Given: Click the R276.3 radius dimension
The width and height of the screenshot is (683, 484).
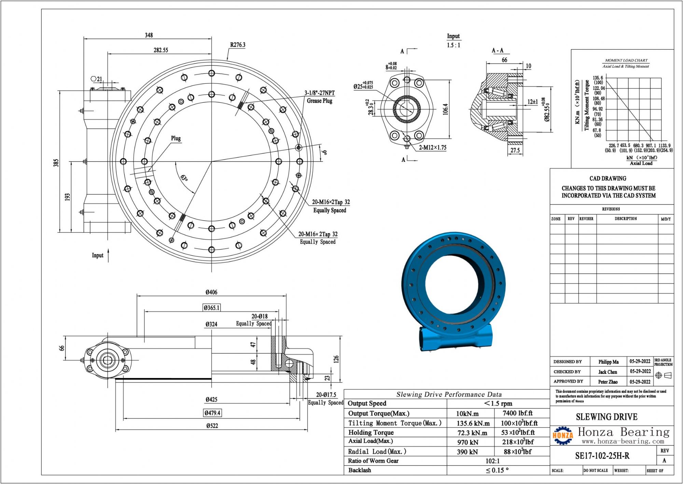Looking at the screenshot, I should [238, 45].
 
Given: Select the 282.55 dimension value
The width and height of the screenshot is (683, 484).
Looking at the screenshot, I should [161, 50].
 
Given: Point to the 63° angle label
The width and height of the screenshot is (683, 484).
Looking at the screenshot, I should [184, 178].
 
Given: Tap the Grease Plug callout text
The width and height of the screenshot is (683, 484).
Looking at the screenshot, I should [319, 101].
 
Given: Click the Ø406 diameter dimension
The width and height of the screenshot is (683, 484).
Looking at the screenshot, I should [211, 292].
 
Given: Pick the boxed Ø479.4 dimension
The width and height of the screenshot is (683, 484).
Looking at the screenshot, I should [212, 413].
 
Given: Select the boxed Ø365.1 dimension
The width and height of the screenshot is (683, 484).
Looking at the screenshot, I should [212, 308].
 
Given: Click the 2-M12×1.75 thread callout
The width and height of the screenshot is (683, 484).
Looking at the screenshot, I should [433, 148].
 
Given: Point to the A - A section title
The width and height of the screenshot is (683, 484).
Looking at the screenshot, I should [498, 51].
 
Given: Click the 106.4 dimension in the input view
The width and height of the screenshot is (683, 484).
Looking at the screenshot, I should [445, 109].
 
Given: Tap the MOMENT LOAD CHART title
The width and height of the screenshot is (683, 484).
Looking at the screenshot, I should [626, 60].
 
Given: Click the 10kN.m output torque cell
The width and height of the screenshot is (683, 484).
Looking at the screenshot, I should [467, 414].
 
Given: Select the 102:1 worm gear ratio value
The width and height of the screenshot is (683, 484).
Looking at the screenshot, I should [492, 461].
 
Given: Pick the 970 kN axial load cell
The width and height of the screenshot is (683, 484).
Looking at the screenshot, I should [468, 442].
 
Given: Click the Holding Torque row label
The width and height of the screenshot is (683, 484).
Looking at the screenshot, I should [371, 432].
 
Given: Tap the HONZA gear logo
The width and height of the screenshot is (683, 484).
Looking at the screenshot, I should [563, 435].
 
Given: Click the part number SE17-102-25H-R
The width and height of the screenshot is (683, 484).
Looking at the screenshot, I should [602, 456].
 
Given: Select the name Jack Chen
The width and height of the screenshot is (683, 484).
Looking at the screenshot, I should [608, 372].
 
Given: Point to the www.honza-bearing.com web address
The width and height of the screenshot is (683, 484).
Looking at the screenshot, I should [623, 441].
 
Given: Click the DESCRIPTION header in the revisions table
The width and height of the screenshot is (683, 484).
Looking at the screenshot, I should [626, 219].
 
